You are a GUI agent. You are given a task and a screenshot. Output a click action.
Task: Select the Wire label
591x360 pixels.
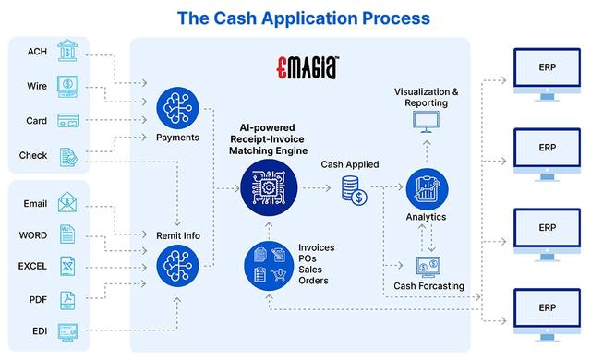38,87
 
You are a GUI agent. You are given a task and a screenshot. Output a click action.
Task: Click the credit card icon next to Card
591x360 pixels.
66,121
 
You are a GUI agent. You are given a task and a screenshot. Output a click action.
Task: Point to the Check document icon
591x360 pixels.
66,155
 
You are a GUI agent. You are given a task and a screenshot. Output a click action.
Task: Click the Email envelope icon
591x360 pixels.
66,203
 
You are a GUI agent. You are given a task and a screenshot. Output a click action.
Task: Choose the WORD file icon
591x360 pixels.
66,234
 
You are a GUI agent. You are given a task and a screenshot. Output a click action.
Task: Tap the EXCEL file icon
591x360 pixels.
66,266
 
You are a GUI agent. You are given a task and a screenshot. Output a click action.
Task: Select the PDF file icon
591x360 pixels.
66,299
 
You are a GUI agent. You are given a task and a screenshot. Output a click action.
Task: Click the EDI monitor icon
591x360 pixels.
66,330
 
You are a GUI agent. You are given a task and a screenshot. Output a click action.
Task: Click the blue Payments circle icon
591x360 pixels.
178,107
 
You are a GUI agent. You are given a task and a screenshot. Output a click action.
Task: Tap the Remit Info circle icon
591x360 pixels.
178,268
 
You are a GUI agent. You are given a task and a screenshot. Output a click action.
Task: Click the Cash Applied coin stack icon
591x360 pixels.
354,191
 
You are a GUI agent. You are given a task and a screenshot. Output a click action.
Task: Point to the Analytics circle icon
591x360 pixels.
426,188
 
